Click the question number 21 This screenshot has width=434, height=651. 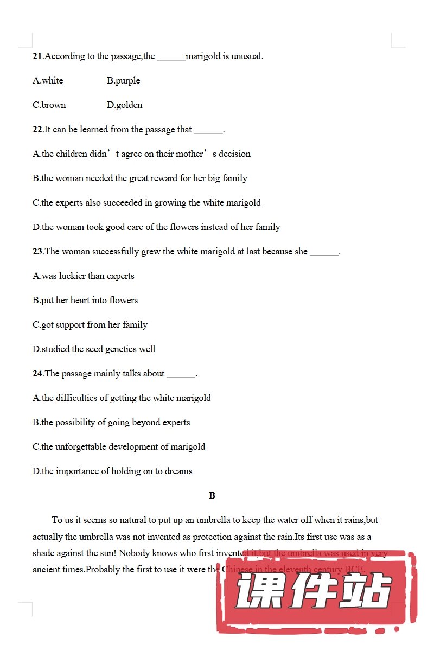37,56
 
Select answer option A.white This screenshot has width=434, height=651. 48,81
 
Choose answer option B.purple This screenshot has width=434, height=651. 123,81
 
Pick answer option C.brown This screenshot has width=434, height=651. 49,105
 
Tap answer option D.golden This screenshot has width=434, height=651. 124,105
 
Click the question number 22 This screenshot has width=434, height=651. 37,130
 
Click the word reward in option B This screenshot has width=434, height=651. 164,178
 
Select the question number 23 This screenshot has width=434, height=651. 37,252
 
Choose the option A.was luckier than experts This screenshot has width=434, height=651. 83,276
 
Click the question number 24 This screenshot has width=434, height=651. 37,374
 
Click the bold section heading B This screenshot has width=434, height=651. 212,495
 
